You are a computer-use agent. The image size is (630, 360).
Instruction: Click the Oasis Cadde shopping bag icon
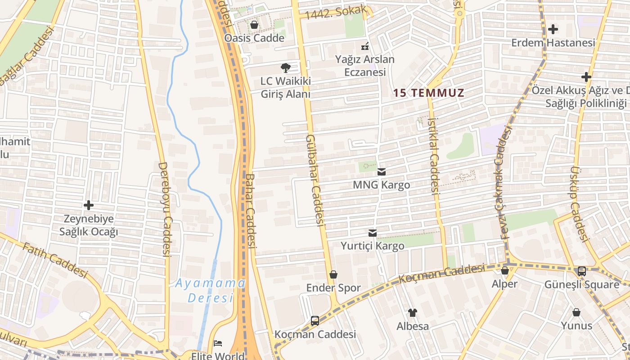[254, 25]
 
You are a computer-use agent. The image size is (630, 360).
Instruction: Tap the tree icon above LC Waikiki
[285, 68]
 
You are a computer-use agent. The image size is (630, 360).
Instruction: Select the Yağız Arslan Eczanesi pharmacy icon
[365, 46]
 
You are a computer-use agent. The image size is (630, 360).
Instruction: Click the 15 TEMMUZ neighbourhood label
[428, 93]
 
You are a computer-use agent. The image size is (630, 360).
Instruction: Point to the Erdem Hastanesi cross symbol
[553, 30]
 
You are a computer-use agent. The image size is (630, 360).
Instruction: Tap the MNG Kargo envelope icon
[382, 171]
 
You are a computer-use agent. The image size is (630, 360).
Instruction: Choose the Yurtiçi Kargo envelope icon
[373, 233]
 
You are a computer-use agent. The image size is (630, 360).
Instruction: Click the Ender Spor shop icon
[333, 274]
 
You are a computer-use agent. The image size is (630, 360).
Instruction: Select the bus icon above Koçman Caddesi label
[315, 321]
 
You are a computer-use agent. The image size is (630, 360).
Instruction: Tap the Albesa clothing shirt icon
[412, 312]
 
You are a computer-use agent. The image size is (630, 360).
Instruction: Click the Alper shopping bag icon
[505, 270]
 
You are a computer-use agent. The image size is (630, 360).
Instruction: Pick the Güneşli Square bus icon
[582, 271]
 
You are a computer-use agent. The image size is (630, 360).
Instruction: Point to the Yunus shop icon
[576, 312]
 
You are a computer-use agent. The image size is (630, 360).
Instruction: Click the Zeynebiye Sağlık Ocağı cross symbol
[89, 206]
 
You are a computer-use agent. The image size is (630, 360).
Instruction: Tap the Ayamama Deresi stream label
[210, 290]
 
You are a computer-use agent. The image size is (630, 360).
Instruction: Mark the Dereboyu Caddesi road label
[165, 209]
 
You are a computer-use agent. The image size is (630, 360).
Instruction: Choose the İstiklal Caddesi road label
[433, 155]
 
